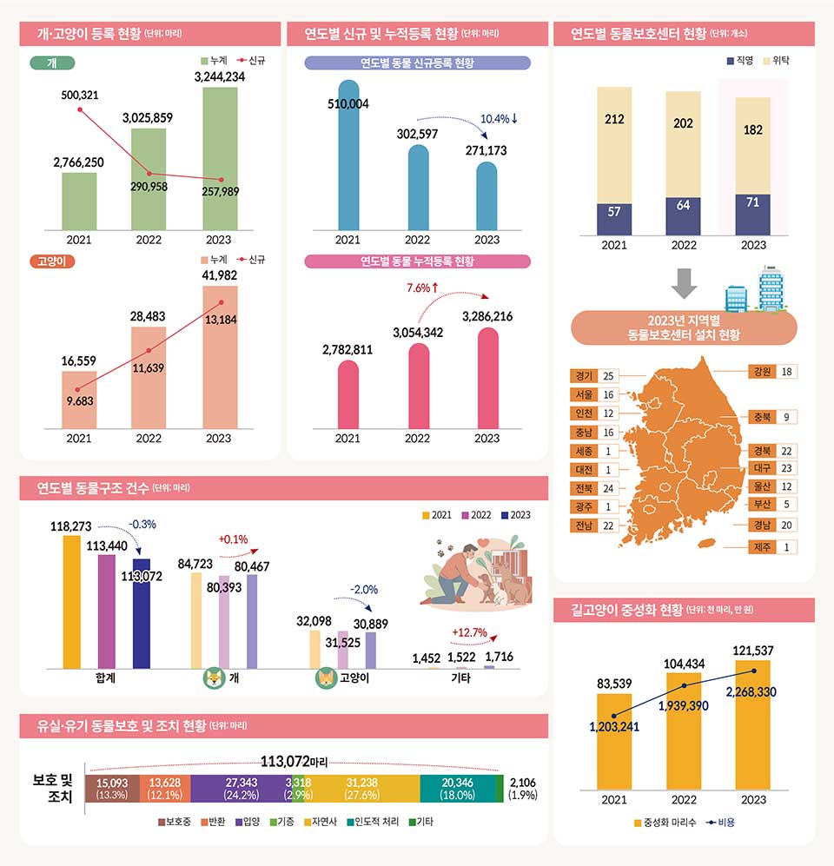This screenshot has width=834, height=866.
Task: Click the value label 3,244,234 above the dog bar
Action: (x=219, y=76)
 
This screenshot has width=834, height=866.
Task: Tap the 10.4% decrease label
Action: (x=499, y=118)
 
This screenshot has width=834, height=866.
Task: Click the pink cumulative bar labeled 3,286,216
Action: (x=487, y=378)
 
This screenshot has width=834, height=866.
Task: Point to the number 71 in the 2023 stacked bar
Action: (x=752, y=202)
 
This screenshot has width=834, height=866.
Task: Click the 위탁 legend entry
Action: (x=774, y=63)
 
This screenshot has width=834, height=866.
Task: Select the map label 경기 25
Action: (x=596, y=376)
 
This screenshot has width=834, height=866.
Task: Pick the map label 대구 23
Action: (x=772, y=468)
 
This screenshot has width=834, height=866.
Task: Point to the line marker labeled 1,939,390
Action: (x=685, y=685)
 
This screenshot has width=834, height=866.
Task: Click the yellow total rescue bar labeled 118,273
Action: (x=71, y=601)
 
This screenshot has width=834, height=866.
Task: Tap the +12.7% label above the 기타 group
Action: (x=469, y=632)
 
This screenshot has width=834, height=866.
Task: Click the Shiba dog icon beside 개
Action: (x=212, y=678)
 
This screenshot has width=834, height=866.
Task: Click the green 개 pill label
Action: (x=51, y=63)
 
